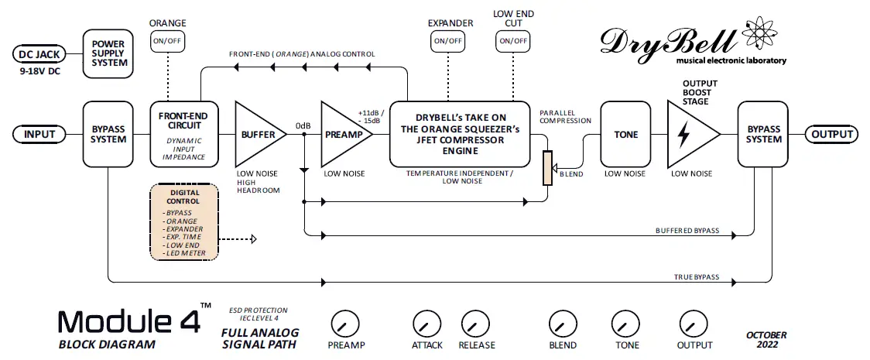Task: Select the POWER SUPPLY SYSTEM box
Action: pyautogui.click(x=108, y=52)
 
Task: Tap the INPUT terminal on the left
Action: pyautogui.click(x=39, y=135)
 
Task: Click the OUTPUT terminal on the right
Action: pyautogui.click(x=832, y=135)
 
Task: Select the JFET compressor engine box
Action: pyautogui.click(x=459, y=133)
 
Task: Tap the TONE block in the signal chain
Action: pyautogui.click(x=625, y=134)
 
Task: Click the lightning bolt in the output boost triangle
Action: pyautogui.click(x=684, y=135)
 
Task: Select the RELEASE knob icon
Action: pyautogui.click(x=475, y=323)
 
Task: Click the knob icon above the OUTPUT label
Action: pyautogui.click(x=692, y=323)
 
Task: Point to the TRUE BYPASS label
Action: pyautogui.click(x=697, y=277)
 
